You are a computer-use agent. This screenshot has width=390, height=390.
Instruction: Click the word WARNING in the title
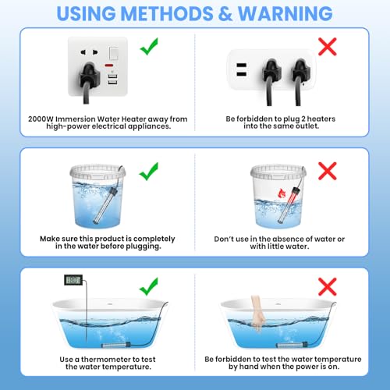pyautogui.click(x=285, y=13)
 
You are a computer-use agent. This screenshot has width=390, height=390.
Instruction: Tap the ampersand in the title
pyautogui.click(x=225, y=13)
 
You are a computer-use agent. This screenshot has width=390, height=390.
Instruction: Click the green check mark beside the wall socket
pyautogui.click(x=149, y=46)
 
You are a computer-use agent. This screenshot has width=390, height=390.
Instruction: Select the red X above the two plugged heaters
pyautogui.click(x=328, y=47)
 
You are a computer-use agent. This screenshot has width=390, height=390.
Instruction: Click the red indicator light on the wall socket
pyautogui.click(x=108, y=65)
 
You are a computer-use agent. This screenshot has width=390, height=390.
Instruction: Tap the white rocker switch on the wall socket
pyautogui.click(x=113, y=53)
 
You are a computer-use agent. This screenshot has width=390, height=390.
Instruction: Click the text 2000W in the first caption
pyautogui.click(x=41, y=119)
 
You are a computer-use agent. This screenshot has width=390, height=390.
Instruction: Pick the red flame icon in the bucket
pyautogui.click(x=282, y=193)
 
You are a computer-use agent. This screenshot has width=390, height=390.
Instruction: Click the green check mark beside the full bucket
pyautogui.click(x=149, y=172)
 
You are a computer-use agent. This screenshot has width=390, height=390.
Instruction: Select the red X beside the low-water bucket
pyautogui.click(x=328, y=171)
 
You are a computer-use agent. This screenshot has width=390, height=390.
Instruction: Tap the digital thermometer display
pyautogui.click(x=73, y=280)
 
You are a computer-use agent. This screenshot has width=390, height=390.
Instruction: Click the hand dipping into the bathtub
pyautogui.click(x=258, y=314)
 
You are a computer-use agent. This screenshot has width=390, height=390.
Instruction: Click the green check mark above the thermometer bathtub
pyautogui.click(x=149, y=286)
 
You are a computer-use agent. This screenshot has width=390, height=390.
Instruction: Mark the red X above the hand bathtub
pyautogui.click(x=328, y=286)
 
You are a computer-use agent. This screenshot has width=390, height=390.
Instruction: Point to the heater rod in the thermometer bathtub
pyautogui.click(x=115, y=346)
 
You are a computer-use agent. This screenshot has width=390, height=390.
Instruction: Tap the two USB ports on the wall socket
pyautogui.click(x=112, y=80)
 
